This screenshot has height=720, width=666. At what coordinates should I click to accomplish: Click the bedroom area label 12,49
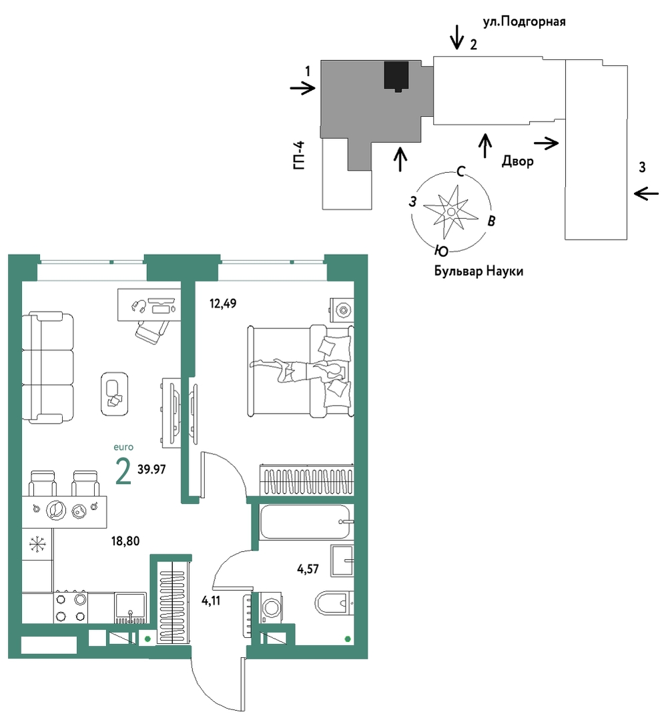(223, 304)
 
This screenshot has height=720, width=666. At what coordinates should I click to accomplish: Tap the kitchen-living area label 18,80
(125, 541)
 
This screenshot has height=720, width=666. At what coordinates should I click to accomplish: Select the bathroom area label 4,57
(308, 569)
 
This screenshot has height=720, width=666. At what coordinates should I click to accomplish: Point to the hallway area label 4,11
(211, 600)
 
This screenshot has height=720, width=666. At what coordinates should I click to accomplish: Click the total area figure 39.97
(151, 469)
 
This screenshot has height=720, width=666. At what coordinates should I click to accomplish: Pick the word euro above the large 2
(123, 447)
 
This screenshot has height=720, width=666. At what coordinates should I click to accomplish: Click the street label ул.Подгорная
(524, 21)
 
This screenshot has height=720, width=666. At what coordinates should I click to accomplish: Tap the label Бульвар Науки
(478, 271)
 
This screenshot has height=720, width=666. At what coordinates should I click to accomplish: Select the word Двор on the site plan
(518, 161)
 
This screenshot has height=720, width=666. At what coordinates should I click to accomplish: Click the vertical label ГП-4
(298, 156)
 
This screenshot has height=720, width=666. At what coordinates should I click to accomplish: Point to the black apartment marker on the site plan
(396, 76)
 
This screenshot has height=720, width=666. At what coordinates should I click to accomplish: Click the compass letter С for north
(460, 171)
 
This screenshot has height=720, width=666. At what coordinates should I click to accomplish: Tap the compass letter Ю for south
(441, 251)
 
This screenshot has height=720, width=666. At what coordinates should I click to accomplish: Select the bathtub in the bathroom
(306, 522)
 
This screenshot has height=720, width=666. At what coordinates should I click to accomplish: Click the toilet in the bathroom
(334, 603)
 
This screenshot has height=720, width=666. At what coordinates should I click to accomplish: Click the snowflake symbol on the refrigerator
(37, 545)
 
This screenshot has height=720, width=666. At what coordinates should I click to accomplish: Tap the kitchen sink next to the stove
(130, 608)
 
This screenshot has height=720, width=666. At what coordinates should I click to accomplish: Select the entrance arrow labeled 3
(646, 194)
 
